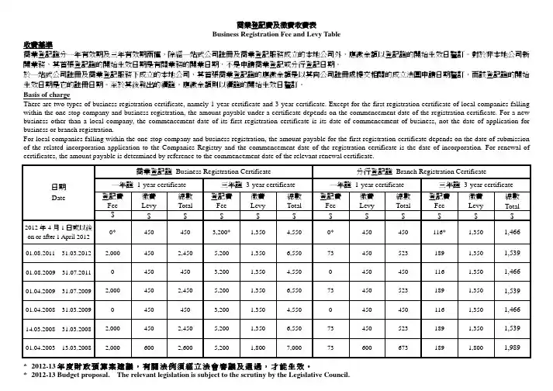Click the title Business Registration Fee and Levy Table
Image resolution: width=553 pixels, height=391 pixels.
pyautogui.click(x=276, y=36)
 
